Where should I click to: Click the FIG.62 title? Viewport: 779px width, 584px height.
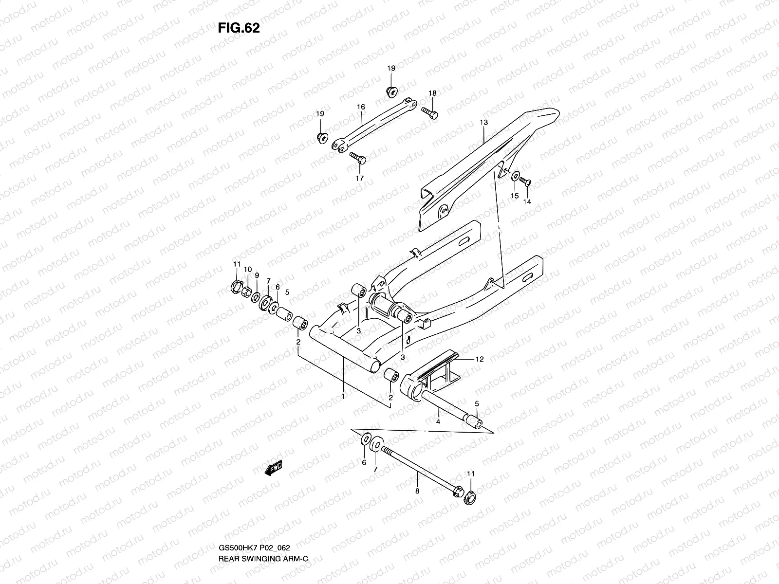(x=239, y=28)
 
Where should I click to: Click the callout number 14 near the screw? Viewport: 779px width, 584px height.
(x=527, y=201)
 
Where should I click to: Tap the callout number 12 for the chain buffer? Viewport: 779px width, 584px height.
(x=480, y=360)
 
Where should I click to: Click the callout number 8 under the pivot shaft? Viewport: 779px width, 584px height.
(x=417, y=492)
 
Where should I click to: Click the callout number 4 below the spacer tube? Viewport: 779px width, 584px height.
(x=438, y=421)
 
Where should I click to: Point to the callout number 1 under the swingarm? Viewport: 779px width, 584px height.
(x=343, y=397)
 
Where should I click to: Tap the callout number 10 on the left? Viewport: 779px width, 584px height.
(x=247, y=270)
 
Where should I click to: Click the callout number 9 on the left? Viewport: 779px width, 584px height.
(x=257, y=275)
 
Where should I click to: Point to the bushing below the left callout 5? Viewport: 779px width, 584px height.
(x=284, y=313)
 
